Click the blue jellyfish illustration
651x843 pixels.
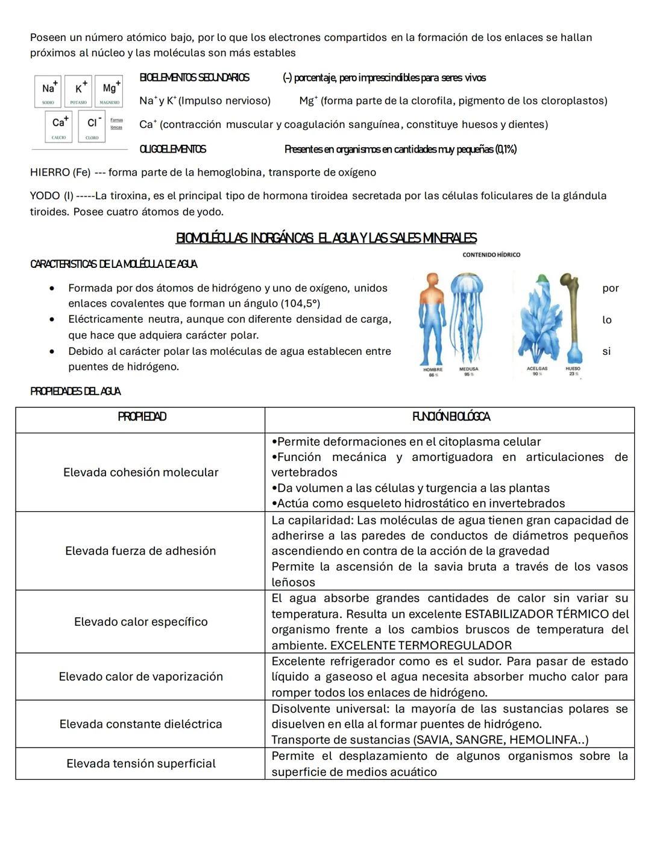pyautogui.click(x=468, y=317)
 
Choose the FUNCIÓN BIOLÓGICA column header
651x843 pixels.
pyautogui.click(x=450, y=417)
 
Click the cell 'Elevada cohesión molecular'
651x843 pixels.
pyautogui.click(x=140, y=472)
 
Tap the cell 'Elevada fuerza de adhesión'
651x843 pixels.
pyautogui.click(x=140, y=551)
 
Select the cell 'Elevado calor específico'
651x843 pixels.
pyautogui.click(x=140, y=622)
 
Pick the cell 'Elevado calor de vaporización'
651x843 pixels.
pyautogui.click(x=140, y=676)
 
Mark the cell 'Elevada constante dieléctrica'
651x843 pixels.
pyautogui.click(x=140, y=724)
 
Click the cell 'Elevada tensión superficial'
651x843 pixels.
pyautogui.click(x=140, y=763)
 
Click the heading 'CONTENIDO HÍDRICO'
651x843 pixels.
pyautogui.click(x=491, y=255)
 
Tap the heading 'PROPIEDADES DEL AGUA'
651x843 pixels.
pyautogui.click(x=75, y=392)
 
